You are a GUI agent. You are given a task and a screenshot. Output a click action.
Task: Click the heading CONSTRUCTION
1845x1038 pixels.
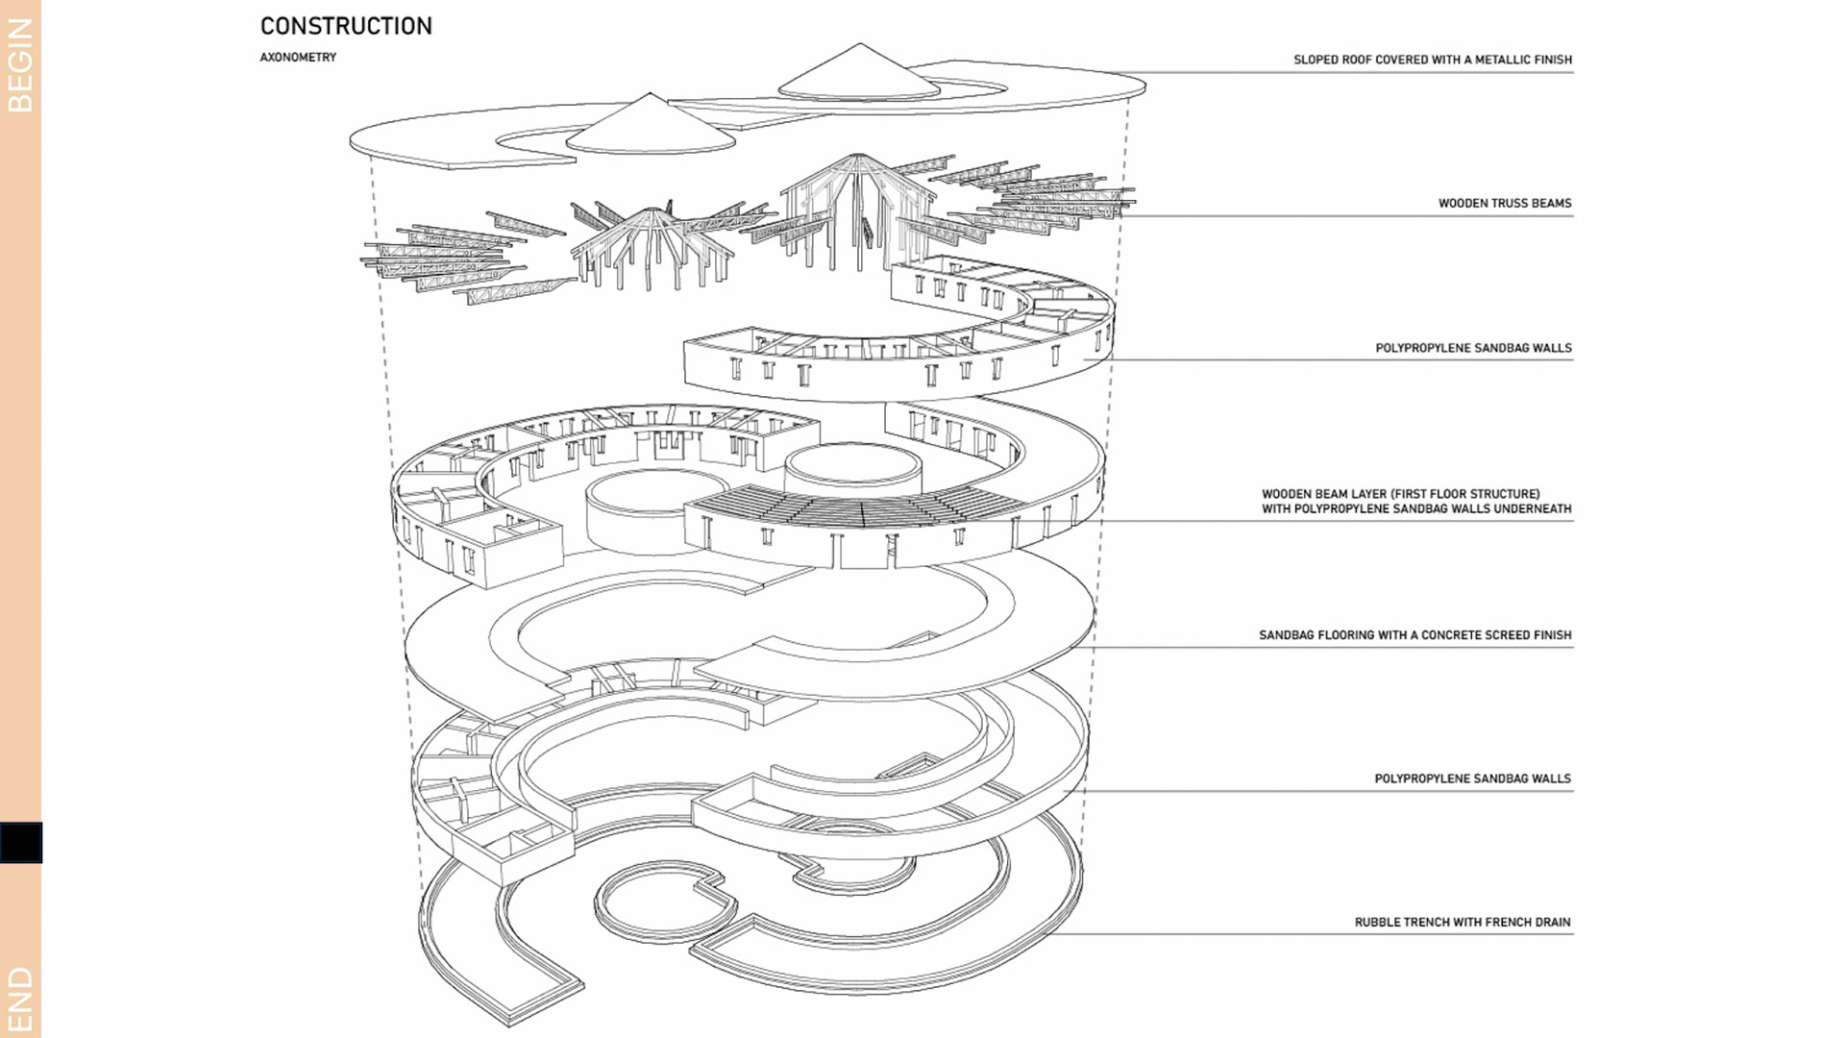click(346, 26)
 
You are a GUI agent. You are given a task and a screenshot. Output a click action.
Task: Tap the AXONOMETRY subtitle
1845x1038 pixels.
click(298, 58)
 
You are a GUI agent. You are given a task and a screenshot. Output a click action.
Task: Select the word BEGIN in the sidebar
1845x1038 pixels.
click(20, 65)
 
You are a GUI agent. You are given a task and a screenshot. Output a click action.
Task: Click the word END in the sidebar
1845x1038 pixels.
click(20, 1000)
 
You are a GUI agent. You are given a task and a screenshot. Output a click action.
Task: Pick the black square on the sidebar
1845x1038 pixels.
click(20, 842)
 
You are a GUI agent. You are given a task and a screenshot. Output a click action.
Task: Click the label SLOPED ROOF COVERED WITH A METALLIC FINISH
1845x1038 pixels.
click(1432, 60)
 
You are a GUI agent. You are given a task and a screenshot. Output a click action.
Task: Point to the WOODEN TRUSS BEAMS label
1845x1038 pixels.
click(1504, 204)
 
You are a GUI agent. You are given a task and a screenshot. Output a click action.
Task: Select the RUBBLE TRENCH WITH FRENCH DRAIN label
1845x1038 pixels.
click(1462, 923)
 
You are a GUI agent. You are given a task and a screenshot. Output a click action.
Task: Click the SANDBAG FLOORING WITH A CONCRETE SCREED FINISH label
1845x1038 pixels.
click(1414, 635)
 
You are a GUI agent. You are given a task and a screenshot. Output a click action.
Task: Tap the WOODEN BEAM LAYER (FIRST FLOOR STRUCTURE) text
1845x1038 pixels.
click(1400, 494)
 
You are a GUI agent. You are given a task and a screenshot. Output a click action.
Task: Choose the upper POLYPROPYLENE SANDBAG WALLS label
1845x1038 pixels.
click(1473, 348)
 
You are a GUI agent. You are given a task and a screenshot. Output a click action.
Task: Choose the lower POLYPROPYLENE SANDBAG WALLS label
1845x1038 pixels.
click(1472, 778)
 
